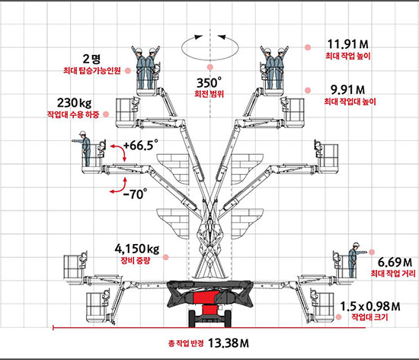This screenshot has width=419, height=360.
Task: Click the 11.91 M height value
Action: tap(347, 43)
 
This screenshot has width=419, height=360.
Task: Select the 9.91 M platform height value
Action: tap(347, 89)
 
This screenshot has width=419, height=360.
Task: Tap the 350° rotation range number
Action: tap(209, 82)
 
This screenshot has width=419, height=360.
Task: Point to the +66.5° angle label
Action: tap(141, 145)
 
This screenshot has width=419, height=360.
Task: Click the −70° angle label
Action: tap(135, 194)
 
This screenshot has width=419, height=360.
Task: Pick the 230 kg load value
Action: tap(75, 103)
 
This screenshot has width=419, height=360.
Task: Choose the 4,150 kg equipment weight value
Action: tap(137, 249)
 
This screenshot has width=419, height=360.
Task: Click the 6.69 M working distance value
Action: tap(395, 262)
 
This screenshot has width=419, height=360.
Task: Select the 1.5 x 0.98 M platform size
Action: tap(370, 307)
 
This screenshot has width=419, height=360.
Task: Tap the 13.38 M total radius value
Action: tap(229, 343)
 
